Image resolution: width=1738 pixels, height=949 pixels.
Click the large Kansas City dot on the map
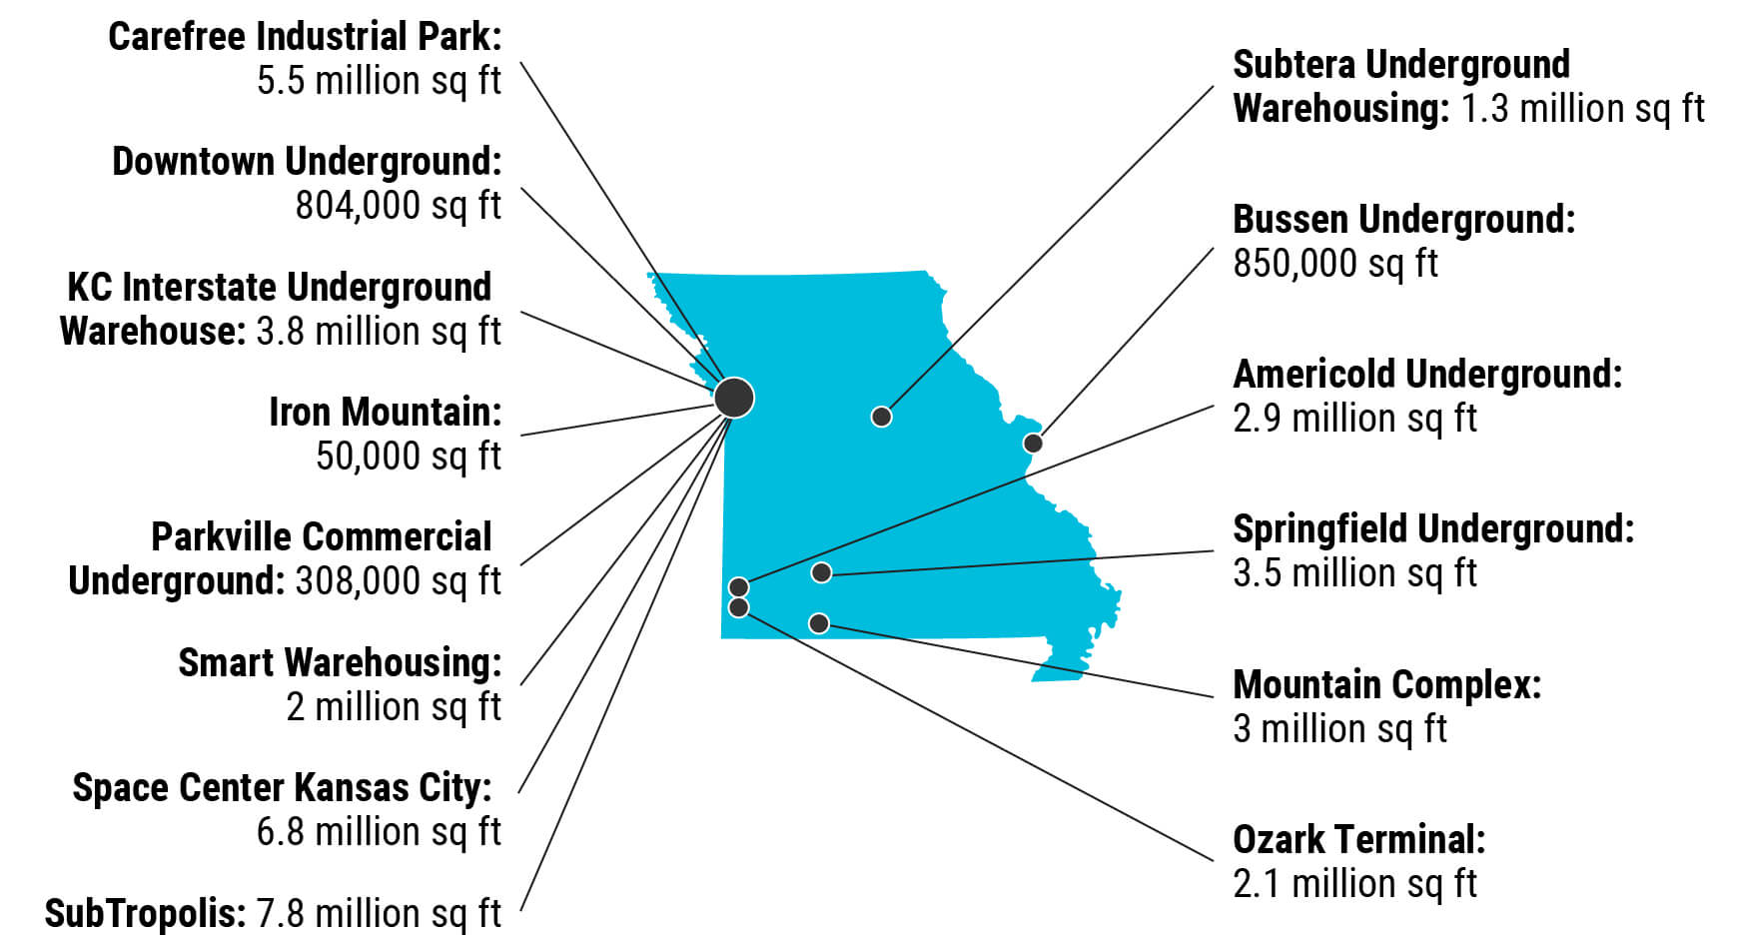point(734,398)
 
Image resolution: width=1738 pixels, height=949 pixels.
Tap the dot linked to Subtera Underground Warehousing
point(881,416)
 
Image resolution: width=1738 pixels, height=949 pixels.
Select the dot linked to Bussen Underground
point(1033,443)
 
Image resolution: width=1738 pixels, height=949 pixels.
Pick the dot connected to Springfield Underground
point(821,572)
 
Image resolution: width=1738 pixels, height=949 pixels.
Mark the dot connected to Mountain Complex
point(819,623)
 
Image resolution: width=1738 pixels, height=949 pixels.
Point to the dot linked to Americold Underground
point(739,586)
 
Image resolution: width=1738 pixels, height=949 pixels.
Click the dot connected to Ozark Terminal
point(739,607)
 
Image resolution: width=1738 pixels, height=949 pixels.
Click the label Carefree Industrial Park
point(305,37)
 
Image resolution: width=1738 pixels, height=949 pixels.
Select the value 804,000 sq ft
point(398,206)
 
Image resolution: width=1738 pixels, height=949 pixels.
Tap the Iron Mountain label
point(385,412)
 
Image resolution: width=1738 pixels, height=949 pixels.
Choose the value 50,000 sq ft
point(408,457)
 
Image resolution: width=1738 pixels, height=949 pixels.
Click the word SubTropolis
point(145,913)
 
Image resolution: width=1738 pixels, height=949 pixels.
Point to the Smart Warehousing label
point(340,662)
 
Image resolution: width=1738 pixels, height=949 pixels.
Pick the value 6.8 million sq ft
point(379,831)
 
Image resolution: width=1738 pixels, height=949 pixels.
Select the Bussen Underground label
point(1402,220)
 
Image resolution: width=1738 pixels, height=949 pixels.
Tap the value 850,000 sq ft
point(1334,264)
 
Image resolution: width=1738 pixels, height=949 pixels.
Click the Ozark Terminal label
point(1358,839)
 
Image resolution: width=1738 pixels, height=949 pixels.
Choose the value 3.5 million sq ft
point(1354,573)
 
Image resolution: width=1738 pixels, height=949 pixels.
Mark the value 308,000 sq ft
point(398,581)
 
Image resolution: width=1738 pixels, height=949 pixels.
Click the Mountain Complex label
point(1386,685)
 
